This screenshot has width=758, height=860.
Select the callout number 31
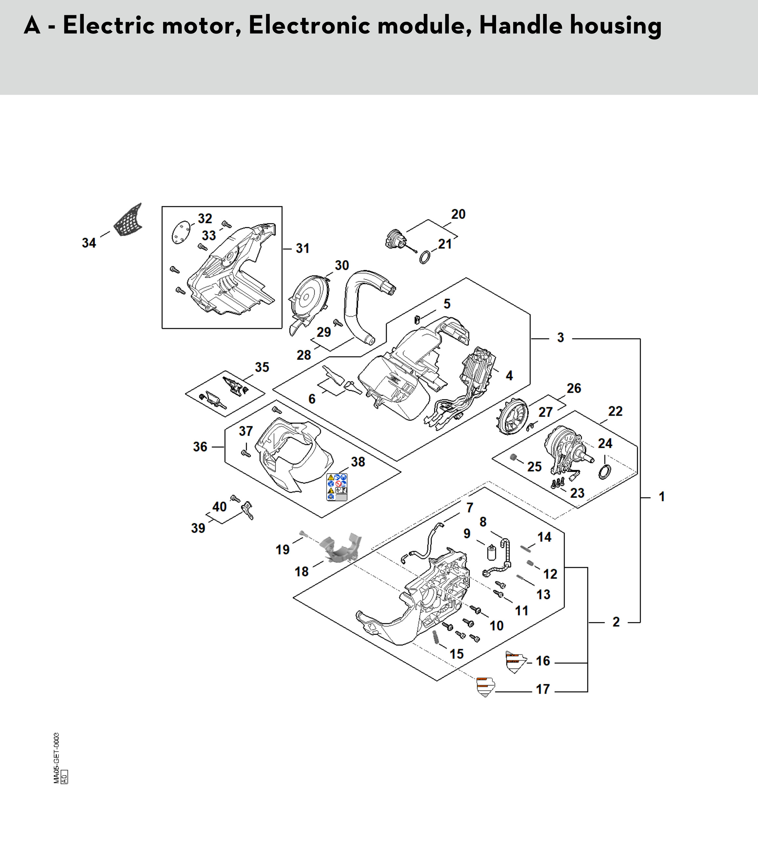(x=302, y=249)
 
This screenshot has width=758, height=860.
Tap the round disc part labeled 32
(x=181, y=233)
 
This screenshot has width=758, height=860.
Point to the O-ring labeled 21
(x=425, y=257)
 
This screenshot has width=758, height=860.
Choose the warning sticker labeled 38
(x=337, y=487)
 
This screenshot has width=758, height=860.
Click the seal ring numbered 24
(x=605, y=472)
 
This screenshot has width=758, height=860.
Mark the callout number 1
(x=661, y=497)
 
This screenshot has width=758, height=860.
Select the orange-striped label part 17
(x=485, y=687)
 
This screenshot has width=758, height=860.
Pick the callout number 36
(x=200, y=447)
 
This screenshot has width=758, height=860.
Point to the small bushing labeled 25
(x=513, y=458)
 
